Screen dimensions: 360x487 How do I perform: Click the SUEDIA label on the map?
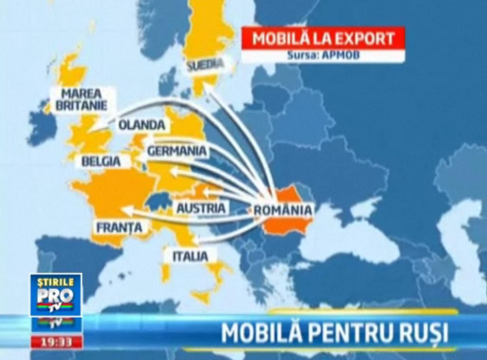[x=205, y=66]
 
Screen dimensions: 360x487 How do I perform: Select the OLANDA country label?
[x=142, y=125]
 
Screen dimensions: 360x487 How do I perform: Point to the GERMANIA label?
[x=177, y=151]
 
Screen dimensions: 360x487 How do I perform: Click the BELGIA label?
[x=101, y=161]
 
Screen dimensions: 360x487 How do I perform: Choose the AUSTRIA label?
[x=201, y=208]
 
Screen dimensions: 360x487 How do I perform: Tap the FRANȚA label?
[x=119, y=228]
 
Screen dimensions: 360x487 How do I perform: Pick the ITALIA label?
[x=190, y=257]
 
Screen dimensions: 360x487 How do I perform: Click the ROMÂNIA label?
[x=283, y=210]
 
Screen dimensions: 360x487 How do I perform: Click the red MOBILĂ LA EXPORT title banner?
[x=323, y=38]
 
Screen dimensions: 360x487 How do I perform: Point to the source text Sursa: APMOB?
[x=323, y=55]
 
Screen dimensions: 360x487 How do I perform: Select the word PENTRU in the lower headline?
[x=341, y=333]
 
